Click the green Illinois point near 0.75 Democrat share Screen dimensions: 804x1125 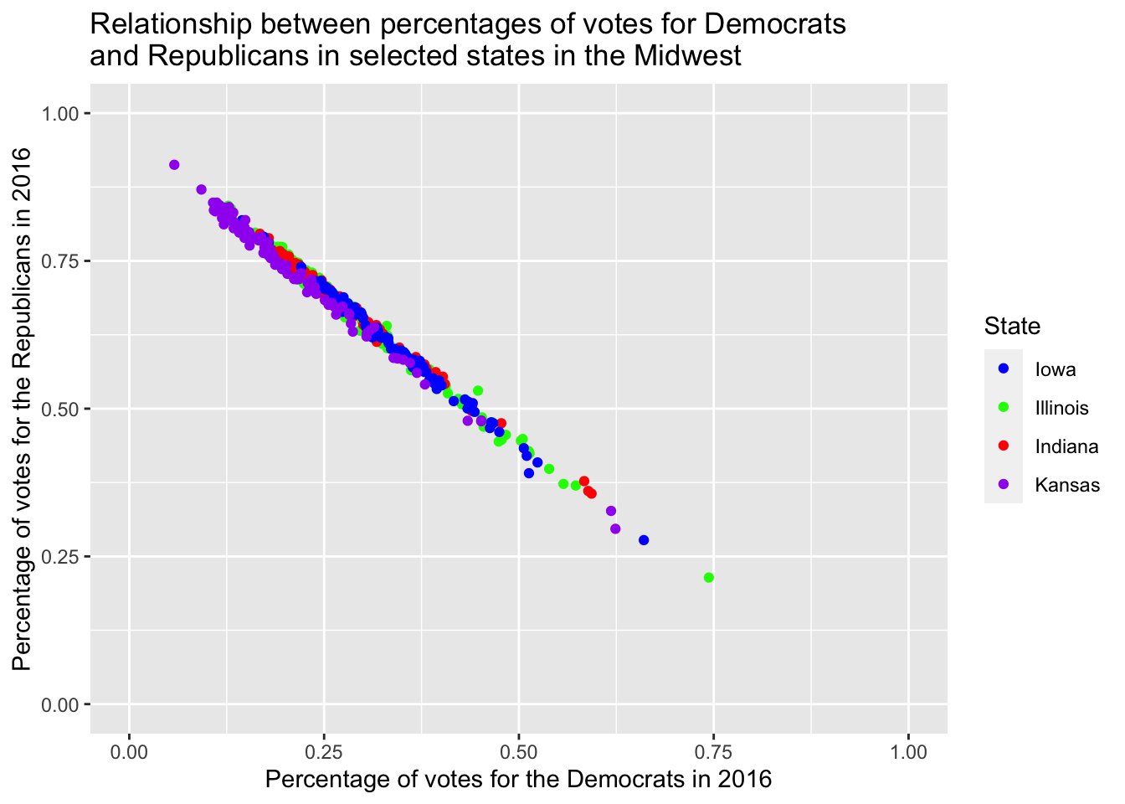709,577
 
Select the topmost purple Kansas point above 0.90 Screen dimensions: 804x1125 174,165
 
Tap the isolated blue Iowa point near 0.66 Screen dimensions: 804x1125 644,540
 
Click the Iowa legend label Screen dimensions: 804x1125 1056,369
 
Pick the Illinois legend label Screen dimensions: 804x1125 1061,408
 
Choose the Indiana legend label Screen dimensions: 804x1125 1066,446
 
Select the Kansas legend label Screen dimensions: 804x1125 1067,485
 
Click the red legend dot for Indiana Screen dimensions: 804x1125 1004,446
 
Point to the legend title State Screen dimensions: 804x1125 1013,326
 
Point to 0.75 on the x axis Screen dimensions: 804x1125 713,751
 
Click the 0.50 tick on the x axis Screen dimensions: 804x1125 518,751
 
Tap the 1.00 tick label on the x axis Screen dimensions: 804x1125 908,751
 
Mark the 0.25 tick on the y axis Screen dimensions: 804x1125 61,556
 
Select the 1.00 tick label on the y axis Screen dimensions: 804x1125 61,113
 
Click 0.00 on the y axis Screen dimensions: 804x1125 61,704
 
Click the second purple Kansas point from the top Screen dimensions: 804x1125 201,189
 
